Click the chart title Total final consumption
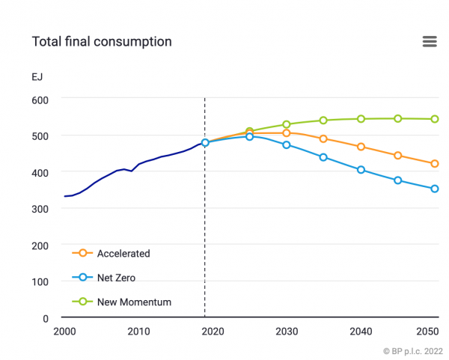click(x=102, y=41)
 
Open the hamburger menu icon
click(x=430, y=41)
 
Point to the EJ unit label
click(x=37, y=76)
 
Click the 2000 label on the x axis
click(x=64, y=332)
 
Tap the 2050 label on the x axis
click(x=428, y=332)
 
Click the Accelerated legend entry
click(x=123, y=254)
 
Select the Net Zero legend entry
click(x=116, y=278)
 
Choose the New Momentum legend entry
click(x=134, y=302)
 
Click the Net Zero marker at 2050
click(x=434, y=189)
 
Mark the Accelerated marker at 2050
click(x=434, y=164)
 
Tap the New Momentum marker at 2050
click(x=434, y=119)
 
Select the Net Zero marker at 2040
click(x=361, y=170)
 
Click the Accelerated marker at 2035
click(x=323, y=138)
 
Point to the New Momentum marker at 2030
click(x=286, y=124)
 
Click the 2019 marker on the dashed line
click(x=205, y=142)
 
